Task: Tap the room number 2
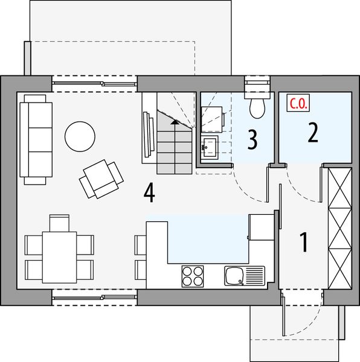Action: pyautogui.click(x=312, y=132)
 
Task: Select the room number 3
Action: pyautogui.click(x=252, y=139)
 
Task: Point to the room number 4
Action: pyautogui.click(x=149, y=193)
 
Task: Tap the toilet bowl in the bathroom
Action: pyautogui.click(x=257, y=107)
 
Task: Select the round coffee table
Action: pyautogui.click(x=80, y=136)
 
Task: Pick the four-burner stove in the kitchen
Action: pyautogui.click(x=193, y=276)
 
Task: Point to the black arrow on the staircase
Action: pyautogui.click(x=175, y=122)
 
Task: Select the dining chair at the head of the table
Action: pyautogui.click(x=59, y=223)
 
